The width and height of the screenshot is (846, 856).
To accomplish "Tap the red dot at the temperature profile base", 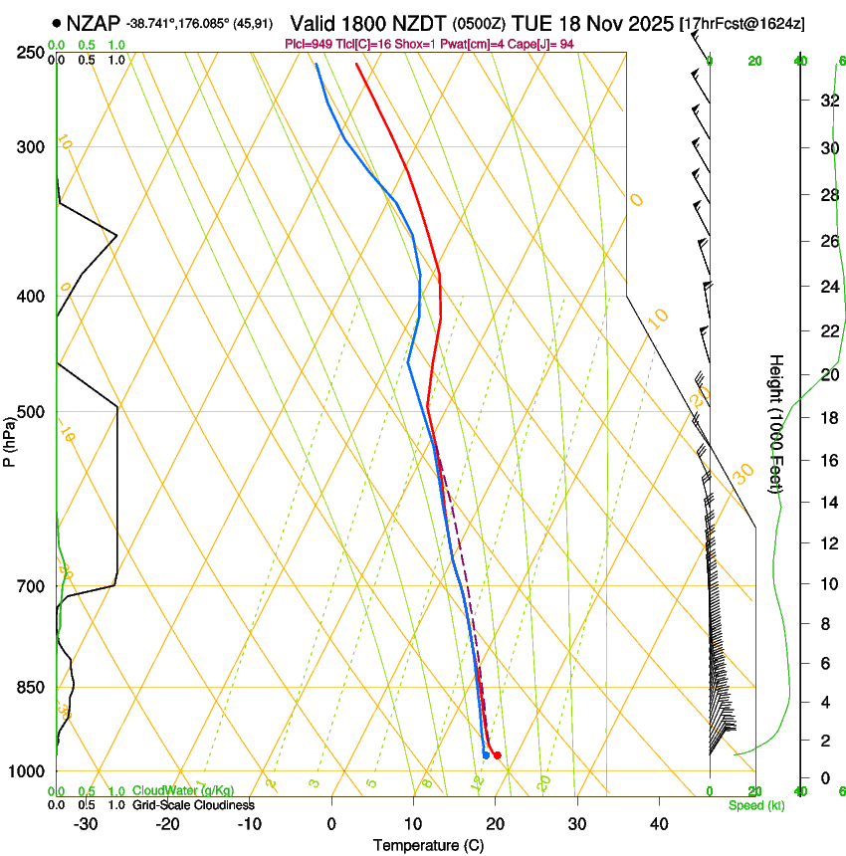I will (x=497, y=755).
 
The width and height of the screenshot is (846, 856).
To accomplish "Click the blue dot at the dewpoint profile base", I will (x=486, y=754).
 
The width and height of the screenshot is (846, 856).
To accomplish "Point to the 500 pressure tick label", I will (x=31, y=412).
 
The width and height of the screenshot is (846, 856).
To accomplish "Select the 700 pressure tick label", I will (x=31, y=586).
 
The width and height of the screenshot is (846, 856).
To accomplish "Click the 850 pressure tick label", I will (x=31, y=687).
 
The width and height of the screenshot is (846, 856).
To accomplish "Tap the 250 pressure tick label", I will (x=31, y=53).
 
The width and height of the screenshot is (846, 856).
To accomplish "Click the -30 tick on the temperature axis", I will (x=86, y=824).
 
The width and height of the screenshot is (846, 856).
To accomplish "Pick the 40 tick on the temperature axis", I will (x=659, y=824).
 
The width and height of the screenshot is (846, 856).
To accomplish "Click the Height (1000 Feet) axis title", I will (x=776, y=423).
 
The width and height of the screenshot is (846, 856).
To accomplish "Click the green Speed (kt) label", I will (x=755, y=805).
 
